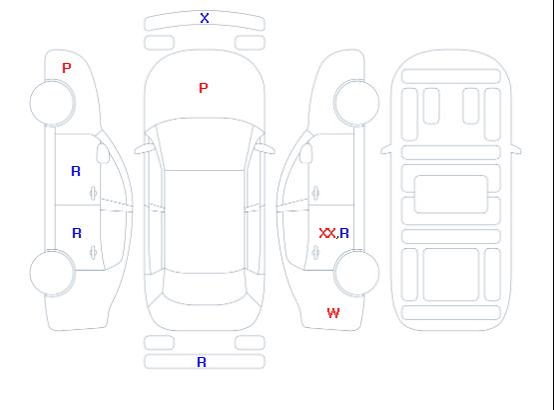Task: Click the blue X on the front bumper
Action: (205, 18)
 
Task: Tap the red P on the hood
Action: (204, 88)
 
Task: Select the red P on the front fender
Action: (67, 68)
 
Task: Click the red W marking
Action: (333, 313)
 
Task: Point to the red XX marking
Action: (327, 233)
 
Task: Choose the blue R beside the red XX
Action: (344, 233)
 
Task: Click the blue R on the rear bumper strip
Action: (202, 362)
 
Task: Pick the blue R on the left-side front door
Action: (76, 171)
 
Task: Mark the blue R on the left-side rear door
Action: (77, 233)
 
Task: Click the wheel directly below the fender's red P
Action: (52, 103)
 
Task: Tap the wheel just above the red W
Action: (356, 272)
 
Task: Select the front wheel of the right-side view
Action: (356, 103)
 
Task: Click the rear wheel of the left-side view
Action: (52, 272)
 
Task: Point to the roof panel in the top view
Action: (205, 221)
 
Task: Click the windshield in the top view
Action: (205, 144)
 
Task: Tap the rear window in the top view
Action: (205, 288)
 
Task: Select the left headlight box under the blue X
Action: (160, 43)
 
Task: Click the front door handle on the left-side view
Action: (94, 193)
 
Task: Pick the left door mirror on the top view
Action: (143, 149)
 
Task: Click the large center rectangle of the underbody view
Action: (451, 194)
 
